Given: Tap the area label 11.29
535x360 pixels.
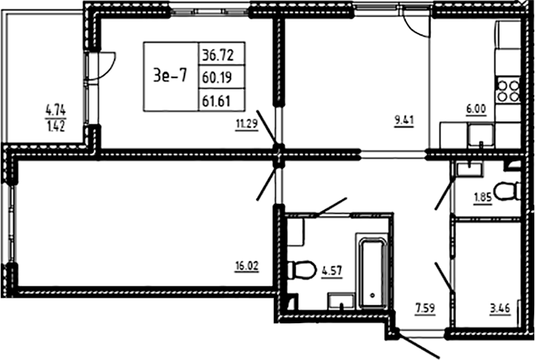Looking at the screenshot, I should pyautogui.click(x=247, y=125).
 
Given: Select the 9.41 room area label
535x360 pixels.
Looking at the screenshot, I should pyautogui.click(x=405, y=117).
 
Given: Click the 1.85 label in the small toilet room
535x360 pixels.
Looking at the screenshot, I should pyautogui.click(x=482, y=198).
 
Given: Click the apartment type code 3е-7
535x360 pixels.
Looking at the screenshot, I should pyautogui.click(x=170, y=76).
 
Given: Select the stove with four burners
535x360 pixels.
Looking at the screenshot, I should pyautogui.click(x=508, y=91).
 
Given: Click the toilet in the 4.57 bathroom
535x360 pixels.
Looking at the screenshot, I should pyautogui.click(x=302, y=268).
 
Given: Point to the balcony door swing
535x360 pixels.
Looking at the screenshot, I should pyautogui.click(x=107, y=63).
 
